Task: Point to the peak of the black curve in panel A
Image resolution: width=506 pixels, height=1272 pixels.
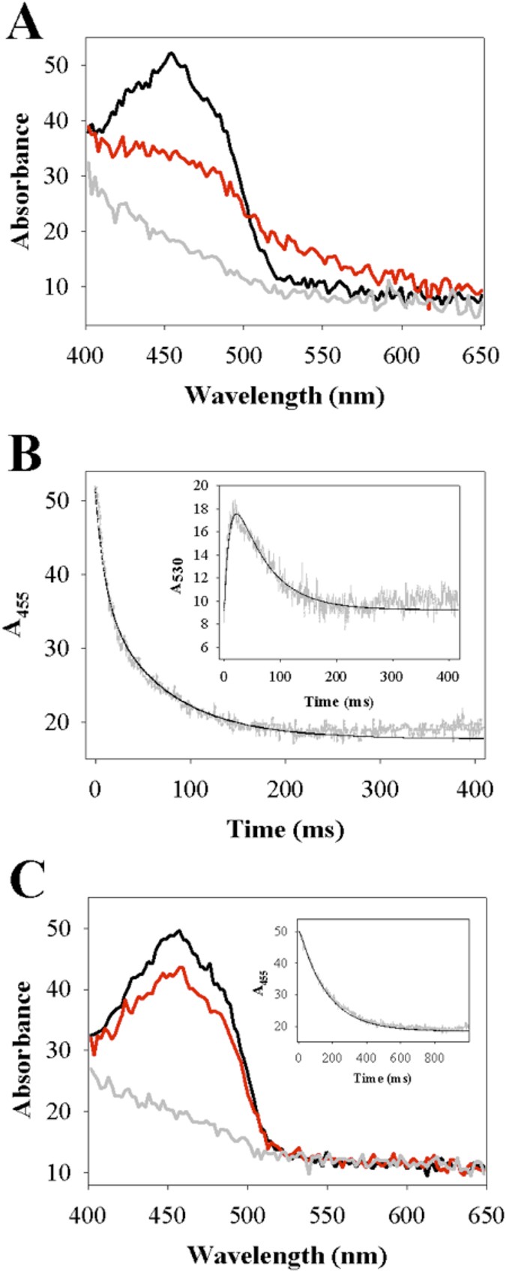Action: pyautogui.click(x=172, y=53)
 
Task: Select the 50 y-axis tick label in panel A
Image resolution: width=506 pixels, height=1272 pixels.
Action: pyautogui.click(x=57, y=65)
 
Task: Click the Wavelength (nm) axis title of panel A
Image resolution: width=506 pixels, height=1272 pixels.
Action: pyautogui.click(x=284, y=394)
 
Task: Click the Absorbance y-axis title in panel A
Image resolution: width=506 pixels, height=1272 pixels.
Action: pyautogui.click(x=22, y=180)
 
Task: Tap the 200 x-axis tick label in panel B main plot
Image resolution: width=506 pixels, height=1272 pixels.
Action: pyautogui.click(x=286, y=789)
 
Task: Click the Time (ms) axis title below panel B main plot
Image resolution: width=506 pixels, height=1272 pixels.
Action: pyautogui.click(x=285, y=829)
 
